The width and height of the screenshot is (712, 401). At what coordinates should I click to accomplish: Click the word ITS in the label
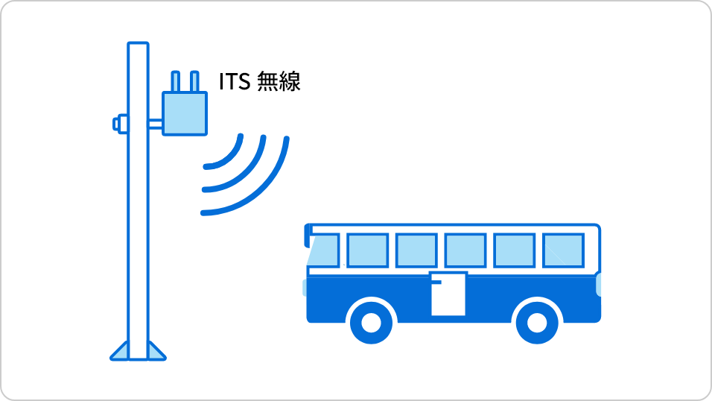tap(235, 82)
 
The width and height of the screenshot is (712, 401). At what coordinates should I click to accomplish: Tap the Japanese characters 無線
tap(279, 82)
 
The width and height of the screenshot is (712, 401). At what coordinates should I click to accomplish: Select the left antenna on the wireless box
tap(175, 82)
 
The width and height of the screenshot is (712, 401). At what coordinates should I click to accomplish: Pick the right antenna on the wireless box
tap(194, 82)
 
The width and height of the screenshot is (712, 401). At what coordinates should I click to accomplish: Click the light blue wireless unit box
tap(185, 113)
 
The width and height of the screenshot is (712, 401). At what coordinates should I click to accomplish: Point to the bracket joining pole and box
tap(155, 124)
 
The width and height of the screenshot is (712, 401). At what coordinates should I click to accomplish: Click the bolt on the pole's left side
tap(121, 124)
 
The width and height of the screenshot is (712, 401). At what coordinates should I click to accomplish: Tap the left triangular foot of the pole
tap(120, 352)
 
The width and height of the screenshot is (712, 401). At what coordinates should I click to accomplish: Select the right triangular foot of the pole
tap(156, 352)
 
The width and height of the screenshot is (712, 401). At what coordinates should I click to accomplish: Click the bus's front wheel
tap(372, 323)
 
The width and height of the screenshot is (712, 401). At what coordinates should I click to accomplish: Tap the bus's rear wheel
tap(537, 323)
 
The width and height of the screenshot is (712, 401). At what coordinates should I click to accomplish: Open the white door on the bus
tap(448, 294)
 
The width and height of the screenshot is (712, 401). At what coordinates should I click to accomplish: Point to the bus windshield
tap(323, 250)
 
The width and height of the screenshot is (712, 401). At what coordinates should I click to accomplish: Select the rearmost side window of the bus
tap(563, 250)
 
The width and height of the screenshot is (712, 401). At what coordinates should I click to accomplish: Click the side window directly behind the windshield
tap(367, 250)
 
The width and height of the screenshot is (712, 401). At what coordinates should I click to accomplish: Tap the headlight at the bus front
tap(305, 288)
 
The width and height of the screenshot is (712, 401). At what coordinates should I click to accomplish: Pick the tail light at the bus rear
tap(599, 285)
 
